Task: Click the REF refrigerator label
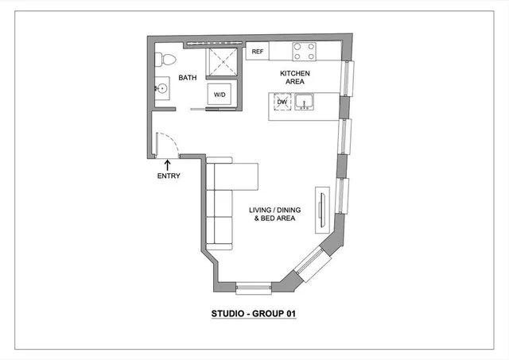tap(257, 52)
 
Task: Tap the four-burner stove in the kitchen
tap(304, 52)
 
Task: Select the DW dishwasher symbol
tap(282, 103)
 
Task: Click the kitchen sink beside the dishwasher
tap(304, 103)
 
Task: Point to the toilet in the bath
tap(165, 59)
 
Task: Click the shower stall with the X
tap(222, 62)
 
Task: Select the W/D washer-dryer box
tap(220, 95)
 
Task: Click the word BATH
tap(188, 78)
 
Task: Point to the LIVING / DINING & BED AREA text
tap(273, 214)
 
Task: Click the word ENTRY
tap(169, 176)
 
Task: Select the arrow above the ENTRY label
tap(168, 164)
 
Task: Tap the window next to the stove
tap(345, 77)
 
